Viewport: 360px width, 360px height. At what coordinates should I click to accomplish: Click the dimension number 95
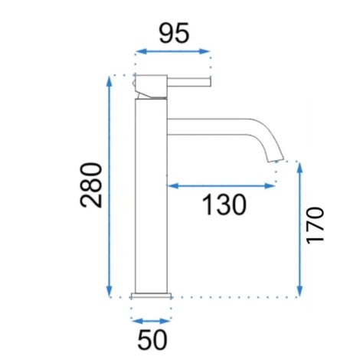click(x=174, y=33)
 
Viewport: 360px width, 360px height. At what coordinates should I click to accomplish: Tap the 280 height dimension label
click(x=91, y=185)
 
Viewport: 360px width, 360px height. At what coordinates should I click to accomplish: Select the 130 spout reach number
click(x=224, y=205)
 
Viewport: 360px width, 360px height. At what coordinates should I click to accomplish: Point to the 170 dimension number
click(x=315, y=225)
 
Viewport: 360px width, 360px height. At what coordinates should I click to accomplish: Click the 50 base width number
click(x=152, y=340)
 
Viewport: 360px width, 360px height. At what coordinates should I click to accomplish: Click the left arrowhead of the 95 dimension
click(x=141, y=51)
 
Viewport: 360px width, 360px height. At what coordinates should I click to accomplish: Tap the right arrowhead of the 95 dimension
click(x=204, y=51)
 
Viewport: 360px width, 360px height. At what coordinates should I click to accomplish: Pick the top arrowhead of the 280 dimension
click(x=110, y=82)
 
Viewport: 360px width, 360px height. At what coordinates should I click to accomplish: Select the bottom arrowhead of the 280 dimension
click(x=110, y=291)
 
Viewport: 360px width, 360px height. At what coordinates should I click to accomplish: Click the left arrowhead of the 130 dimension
click(x=172, y=186)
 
